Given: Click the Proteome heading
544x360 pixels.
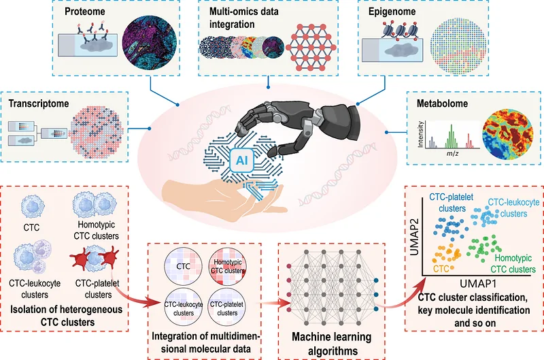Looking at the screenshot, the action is pos(84,12).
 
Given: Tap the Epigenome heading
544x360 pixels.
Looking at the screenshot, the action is pos(392,12).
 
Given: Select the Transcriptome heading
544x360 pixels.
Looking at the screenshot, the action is pos(39,103).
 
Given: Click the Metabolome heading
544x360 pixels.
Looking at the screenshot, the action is pos(443,103).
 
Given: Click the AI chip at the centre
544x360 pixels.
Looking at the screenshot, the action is pos(242,161).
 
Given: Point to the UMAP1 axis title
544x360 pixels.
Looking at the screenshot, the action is pos(478,284).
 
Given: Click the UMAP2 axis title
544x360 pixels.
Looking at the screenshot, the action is pos(415,237).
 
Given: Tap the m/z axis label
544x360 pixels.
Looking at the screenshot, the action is pos(452,153).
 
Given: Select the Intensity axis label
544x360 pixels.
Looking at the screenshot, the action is pos(421,134).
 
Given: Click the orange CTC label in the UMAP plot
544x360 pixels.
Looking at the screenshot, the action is pos(441,269).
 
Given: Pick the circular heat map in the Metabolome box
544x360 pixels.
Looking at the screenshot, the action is pos(507,134).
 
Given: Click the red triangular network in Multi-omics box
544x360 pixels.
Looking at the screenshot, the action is pos(311,47).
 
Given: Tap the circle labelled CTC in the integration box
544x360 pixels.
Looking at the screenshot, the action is pos(183,266).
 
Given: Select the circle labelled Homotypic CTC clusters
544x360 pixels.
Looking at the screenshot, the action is pos(227,266).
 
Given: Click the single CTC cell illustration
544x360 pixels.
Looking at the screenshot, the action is pos(32,206).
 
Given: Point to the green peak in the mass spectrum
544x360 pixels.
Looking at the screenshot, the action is pos(451,136).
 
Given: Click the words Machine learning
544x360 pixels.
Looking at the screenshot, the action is pos(332,337).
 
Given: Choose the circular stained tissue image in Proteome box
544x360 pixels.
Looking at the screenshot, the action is pos(150,42).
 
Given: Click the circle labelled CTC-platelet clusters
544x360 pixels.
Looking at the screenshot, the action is pos(227,306).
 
